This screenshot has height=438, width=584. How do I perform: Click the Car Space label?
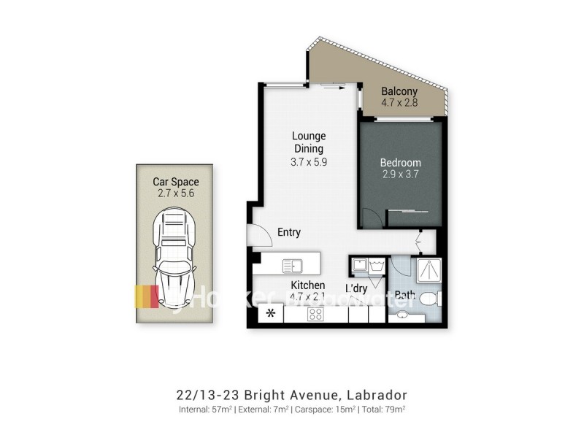tap(175, 182)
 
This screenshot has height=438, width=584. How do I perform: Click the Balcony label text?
tap(399, 91)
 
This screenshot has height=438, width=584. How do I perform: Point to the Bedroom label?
tap(400, 163)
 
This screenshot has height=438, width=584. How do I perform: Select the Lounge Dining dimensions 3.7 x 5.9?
tap(309, 162)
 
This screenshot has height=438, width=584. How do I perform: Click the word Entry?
tap(289, 233)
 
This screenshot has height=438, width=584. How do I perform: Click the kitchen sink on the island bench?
tap(293, 265)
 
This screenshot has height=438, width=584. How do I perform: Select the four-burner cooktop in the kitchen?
tap(316, 315)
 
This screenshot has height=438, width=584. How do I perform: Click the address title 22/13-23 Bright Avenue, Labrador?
tap(292, 395)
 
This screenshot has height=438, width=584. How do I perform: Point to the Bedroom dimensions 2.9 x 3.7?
tap(400, 174)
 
